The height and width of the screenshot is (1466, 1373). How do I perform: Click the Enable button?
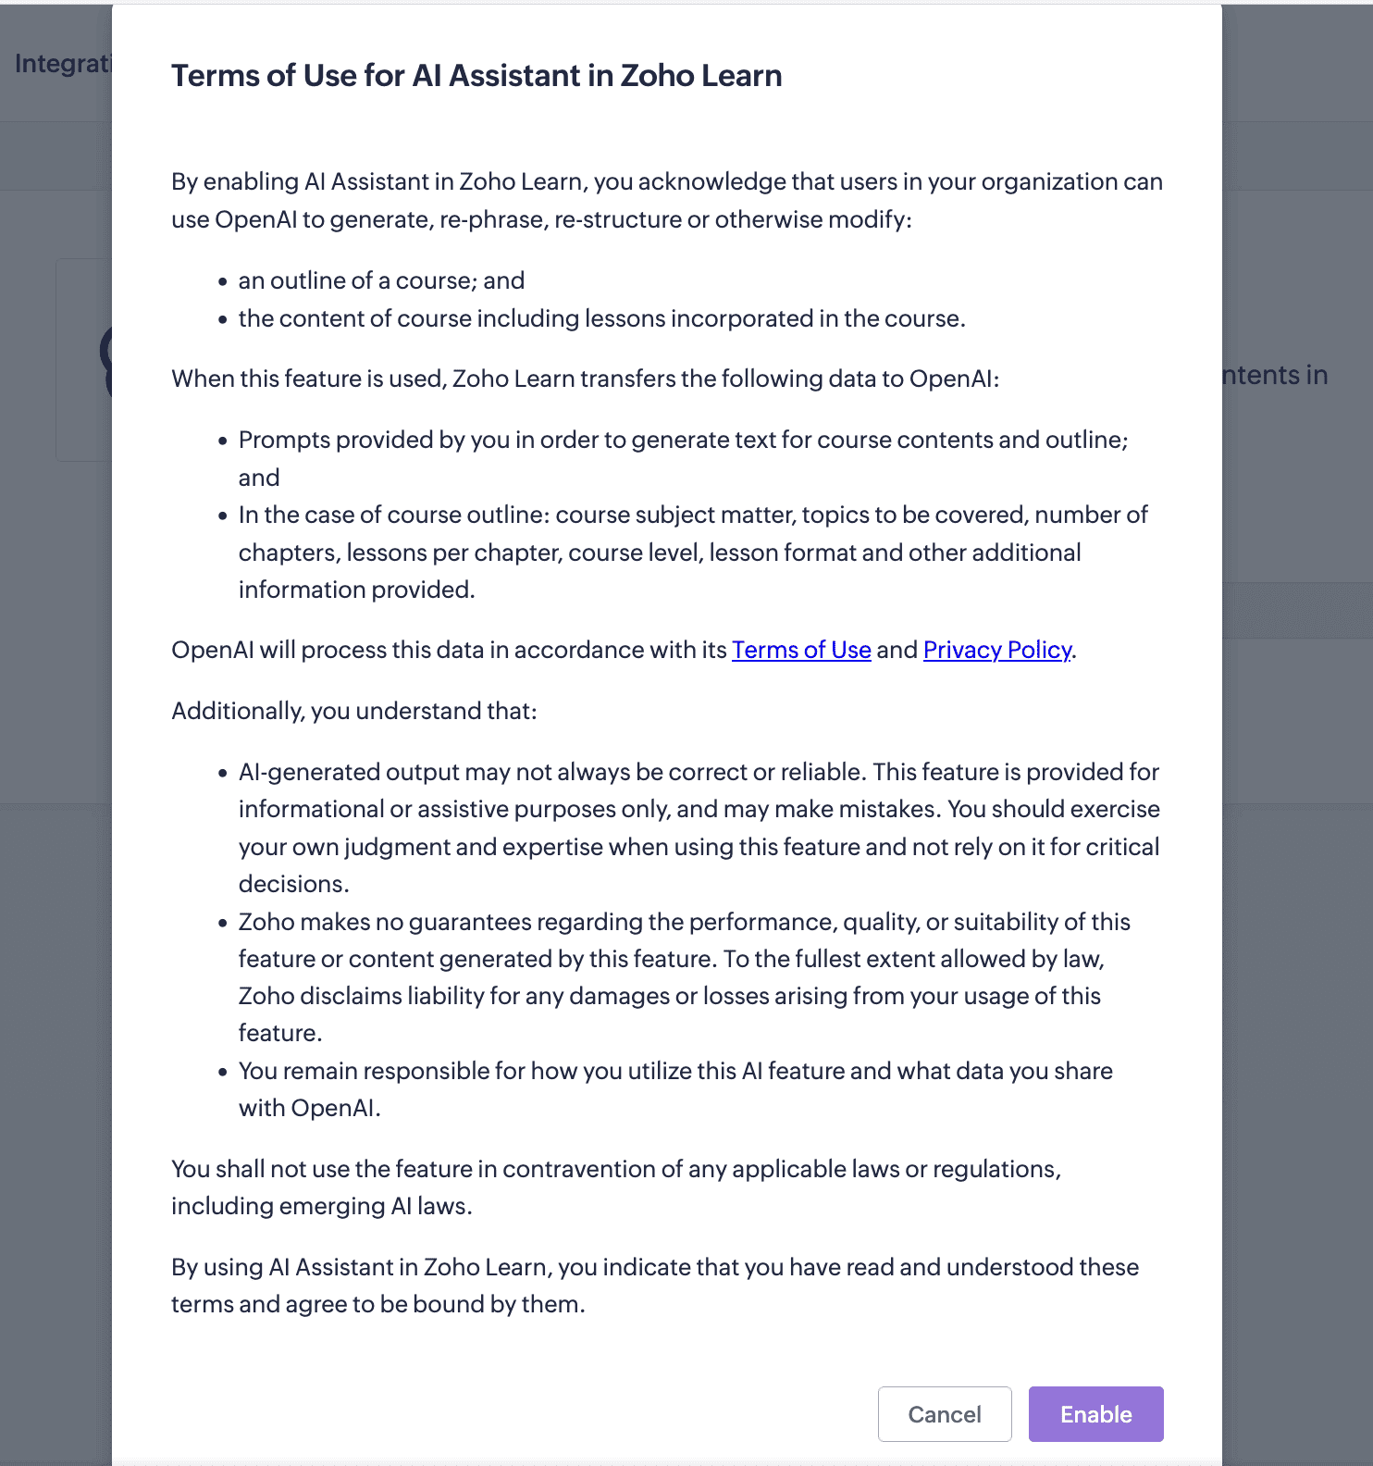pyautogui.click(x=1095, y=1414)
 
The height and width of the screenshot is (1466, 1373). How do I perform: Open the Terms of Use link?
pyautogui.click(x=801, y=650)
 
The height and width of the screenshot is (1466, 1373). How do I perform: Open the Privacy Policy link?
pyautogui.click(x=997, y=650)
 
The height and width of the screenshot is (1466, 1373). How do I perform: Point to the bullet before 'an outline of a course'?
pyautogui.click(x=222, y=282)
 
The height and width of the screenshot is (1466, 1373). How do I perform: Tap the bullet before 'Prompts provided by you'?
pyautogui.click(x=222, y=441)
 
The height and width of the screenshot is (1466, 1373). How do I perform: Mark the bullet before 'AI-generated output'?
pyautogui.click(x=222, y=774)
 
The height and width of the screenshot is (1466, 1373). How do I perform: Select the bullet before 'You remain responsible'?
pyautogui.click(x=222, y=1073)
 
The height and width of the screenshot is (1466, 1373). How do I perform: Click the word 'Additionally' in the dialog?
pyautogui.click(x=237, y=711)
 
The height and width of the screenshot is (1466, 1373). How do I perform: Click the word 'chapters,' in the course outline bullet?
pyautogui.click(x=289, y=553)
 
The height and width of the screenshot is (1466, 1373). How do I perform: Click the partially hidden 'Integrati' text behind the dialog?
pyautogui.click(x=62, y=63)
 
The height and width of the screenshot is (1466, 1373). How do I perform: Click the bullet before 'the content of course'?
pyautogui.click(x=222, y=320)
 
